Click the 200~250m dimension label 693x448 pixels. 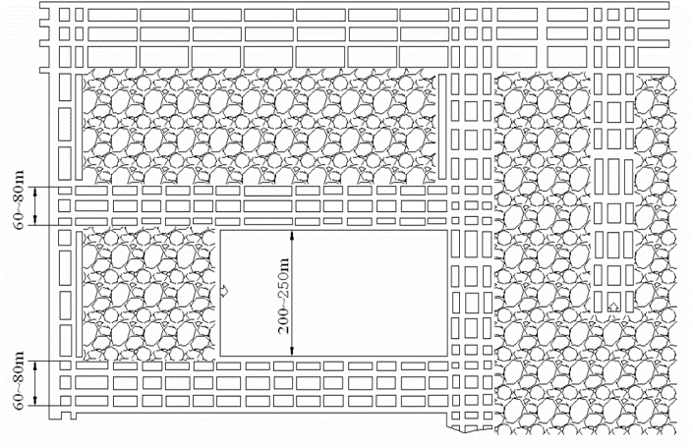283,296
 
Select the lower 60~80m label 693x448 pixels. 20,381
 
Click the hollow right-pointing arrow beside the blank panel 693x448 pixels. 224,291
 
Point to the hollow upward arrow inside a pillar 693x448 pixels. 613,307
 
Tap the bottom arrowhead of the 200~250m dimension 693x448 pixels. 292,351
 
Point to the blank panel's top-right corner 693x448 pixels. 447,230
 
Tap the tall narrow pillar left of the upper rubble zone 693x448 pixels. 79,128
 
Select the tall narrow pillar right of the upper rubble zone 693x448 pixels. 442,127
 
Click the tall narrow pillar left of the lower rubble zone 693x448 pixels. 79,294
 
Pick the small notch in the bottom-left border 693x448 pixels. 68,416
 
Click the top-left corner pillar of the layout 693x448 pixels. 65,15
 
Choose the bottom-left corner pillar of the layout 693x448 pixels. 66,401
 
